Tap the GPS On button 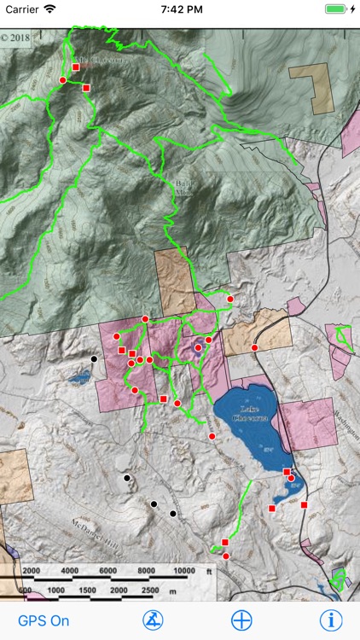point(44,620)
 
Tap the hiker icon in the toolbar point(153,620)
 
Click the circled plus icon point(241,620)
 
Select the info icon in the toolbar point(330,620)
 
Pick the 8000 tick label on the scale point(147,571)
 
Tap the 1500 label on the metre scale point(87,591)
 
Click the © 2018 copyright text point(15,38)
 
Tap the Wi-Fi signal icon point(50,9)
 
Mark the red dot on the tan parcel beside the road point(254,347)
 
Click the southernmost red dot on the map point(225,556)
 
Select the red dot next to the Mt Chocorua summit point(62,80)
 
